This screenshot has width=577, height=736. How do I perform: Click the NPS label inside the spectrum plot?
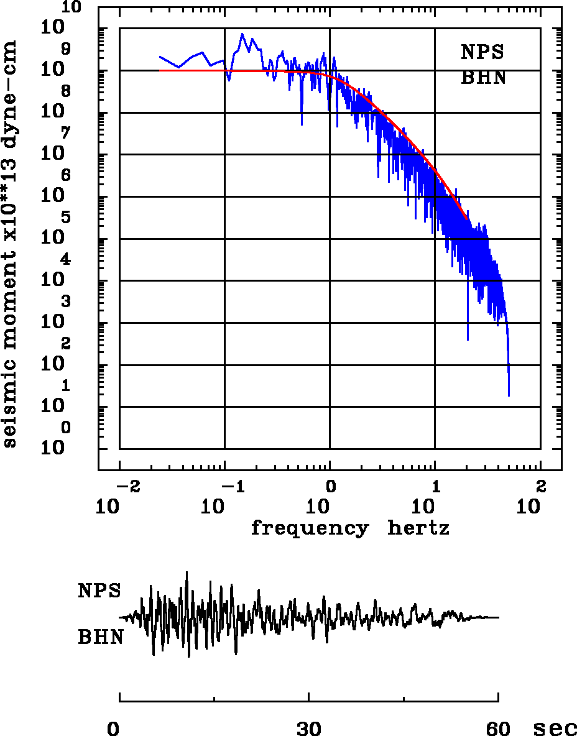tap(482, 52)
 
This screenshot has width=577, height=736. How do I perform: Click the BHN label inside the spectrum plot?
tap(483, 78)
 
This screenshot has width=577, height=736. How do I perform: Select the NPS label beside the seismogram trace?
tap(99, 591)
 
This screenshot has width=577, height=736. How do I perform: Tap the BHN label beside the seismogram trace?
tap(99, 637)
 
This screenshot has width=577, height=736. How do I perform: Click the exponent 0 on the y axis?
tap(65, 428)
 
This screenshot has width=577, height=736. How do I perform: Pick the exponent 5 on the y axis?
tap(65, 218)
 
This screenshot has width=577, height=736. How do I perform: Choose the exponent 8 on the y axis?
tap(65, 91)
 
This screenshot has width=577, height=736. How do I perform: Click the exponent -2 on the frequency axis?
tap(127, 485)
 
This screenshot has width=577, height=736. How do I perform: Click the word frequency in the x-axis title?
tap(309, 528)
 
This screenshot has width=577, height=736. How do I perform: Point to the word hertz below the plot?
tap(418, 528)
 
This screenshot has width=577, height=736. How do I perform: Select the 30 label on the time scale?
tap(309, 729)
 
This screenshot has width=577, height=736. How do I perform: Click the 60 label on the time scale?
tap(499, 729)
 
